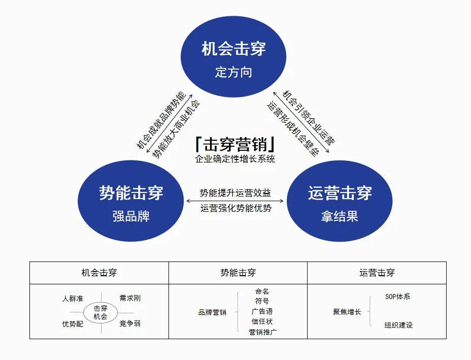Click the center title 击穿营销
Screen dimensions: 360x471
(x=235, y=145)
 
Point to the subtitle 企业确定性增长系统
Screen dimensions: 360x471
(x=235, y=159)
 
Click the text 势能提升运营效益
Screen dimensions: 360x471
(x=235, y=193)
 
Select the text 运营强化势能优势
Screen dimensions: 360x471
(x=235, y=208)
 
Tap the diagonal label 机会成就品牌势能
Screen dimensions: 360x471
(x=162, y=120)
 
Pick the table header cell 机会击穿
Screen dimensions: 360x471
(x=99, y=273)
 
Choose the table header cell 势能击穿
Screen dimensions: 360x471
(x=238, y=273)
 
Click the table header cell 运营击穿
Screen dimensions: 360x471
(x=377, y=273)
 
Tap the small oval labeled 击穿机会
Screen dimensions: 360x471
(x=100, y=312)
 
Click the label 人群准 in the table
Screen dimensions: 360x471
(x=73, y=299)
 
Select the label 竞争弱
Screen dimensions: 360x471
(x=130, y=323)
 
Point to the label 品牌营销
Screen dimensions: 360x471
(x=212, y=312)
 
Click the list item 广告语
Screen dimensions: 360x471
(x=262, y=311)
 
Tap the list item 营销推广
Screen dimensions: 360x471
(x=262, y=332)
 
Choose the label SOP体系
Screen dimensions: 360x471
(x=397, y=297)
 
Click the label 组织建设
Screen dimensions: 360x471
(x=398, y=325)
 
